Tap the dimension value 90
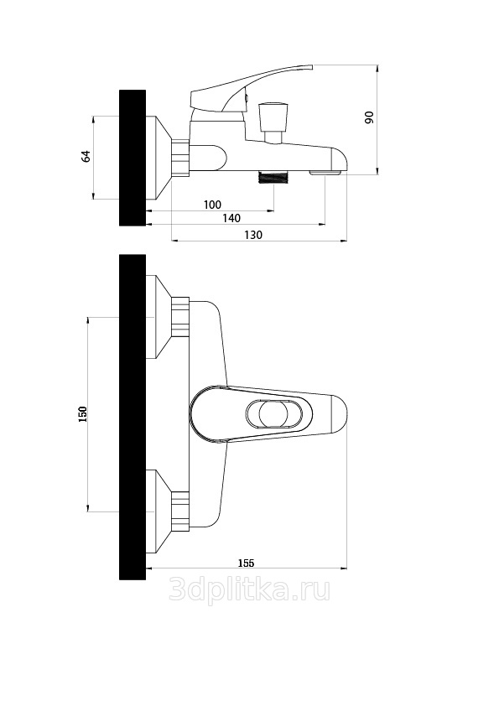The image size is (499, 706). [x=369, y=117]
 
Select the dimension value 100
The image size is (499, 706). [x=212, y=205]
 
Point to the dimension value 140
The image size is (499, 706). [x=231, y=218]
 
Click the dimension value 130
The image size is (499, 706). [x=253, y=235]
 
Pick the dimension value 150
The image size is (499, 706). [x=82, y=413]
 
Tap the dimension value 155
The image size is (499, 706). [x=246, y=563]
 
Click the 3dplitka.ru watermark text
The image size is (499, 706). [x=250, y=589]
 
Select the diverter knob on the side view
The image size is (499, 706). [x=273, y=121]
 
